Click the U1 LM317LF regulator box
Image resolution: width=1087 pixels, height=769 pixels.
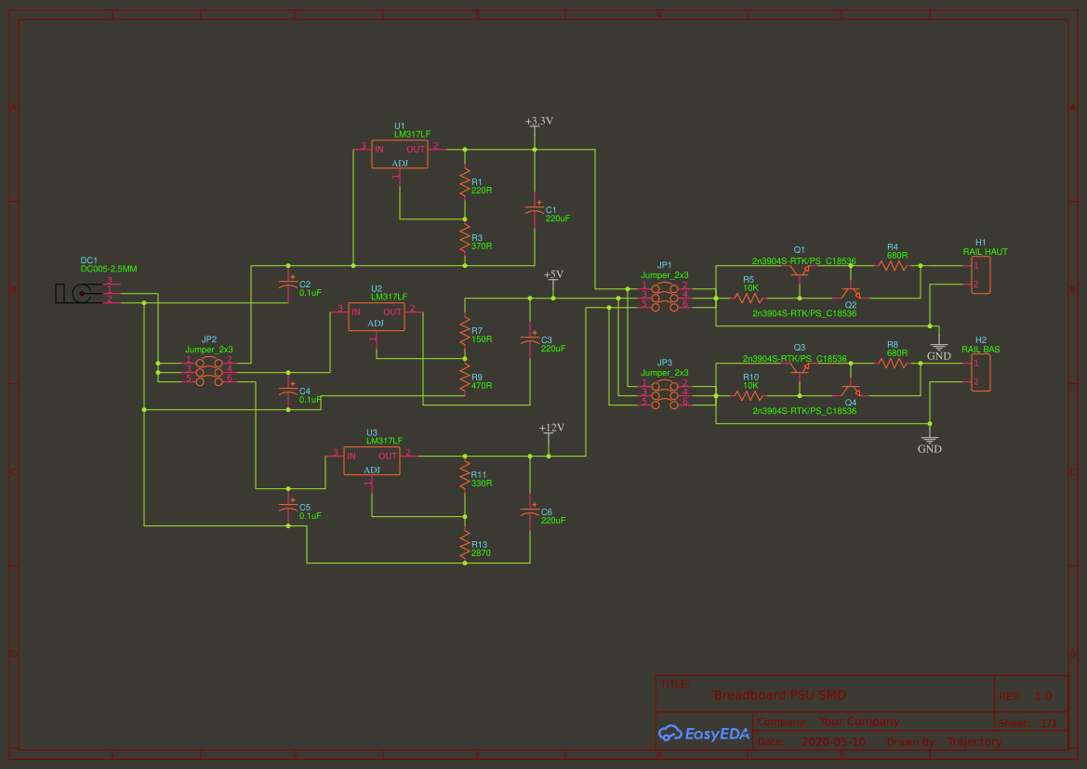click(x=400, y=153)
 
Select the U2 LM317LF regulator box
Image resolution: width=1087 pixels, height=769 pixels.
click(x=376, y=317)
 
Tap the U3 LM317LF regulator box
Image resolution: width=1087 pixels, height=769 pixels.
click(x=372, y=460)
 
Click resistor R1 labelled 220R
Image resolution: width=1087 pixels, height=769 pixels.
click(x=465, y=183)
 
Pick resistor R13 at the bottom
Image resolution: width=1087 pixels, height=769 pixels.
click(x=465, y=546)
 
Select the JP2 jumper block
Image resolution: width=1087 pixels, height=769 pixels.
click(x=209, y=370)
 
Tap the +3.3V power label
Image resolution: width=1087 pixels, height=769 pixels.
click(x=539, y=122)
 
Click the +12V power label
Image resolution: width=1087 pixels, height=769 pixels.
click(x=551, y=429)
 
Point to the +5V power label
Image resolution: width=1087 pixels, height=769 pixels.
click(x=553, y=275)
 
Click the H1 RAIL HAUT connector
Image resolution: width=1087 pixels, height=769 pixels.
click(x=980, y=275)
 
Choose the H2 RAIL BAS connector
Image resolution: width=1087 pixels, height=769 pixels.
click(x=980, y=373)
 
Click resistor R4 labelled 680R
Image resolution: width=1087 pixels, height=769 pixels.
click(x=893, y=265)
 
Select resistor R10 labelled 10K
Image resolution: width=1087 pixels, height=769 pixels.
click(x=749, y=395)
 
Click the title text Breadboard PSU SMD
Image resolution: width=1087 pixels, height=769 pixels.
click(x=780, y=696)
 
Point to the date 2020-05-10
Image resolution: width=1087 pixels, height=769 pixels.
click(x=832, y=742)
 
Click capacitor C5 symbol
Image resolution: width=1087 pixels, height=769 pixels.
click(x=288, y=507)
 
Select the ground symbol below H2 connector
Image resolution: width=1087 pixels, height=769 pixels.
click(x=930, y=440)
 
